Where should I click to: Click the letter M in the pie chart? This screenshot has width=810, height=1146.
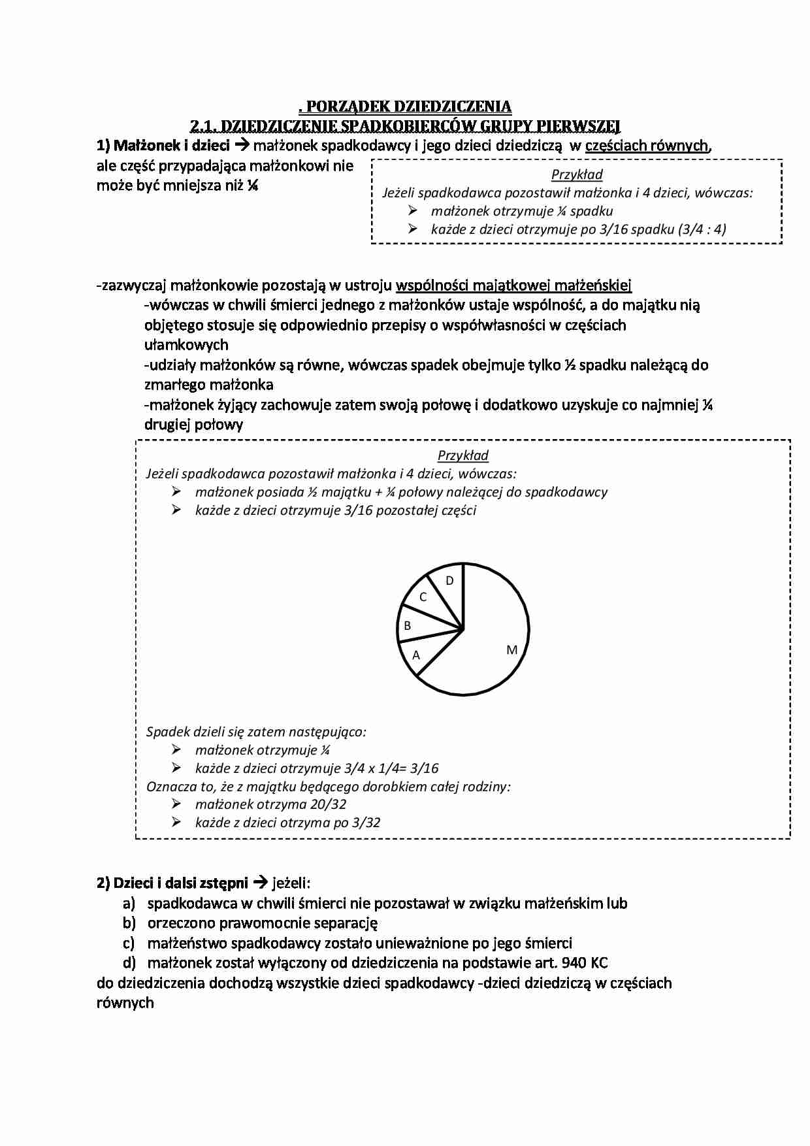(511, 650)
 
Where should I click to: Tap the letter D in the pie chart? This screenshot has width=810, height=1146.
(449, 581)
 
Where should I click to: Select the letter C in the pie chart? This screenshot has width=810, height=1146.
(423, 597)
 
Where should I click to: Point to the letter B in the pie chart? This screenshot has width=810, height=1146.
(408, 626)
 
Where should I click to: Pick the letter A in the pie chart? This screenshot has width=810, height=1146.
(416, 655)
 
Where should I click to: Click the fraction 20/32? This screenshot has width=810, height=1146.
(329, 804)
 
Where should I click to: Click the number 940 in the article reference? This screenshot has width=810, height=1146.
(575, 962)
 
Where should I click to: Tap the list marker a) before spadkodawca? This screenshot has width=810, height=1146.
(129, 904)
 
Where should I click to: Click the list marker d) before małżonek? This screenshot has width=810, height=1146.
(129, 962)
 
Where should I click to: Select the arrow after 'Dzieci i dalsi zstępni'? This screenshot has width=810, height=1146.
(259, 883)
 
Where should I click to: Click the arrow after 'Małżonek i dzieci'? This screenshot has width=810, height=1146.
(242, 145)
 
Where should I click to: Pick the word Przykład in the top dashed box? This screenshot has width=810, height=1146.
(577, 174)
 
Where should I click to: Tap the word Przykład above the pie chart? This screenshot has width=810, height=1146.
(463, 455)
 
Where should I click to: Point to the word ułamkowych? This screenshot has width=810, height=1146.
(186, 345)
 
